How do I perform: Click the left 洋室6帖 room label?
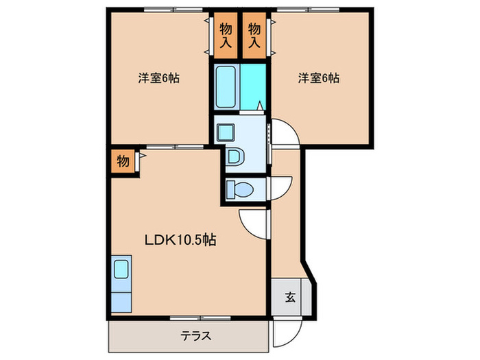click(x=158, y=78)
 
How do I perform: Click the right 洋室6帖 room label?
click(x=318, y=78)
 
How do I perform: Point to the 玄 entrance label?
click(x=289, y=298)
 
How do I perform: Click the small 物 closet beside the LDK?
click(x=122, y=162)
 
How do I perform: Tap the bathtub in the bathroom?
click(x=226, y=86)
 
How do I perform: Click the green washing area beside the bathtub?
click(x=254, y=86)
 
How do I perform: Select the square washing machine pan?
click(x=225, y=130)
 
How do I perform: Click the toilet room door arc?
click(x=280, y=187)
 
